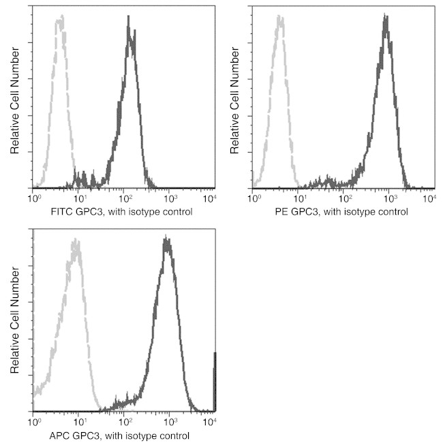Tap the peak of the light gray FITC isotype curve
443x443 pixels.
[61, 18]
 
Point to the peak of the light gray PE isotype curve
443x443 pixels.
[279, 18]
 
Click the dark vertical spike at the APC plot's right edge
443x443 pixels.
[215, 382]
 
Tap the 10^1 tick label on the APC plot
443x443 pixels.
[78, 422]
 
